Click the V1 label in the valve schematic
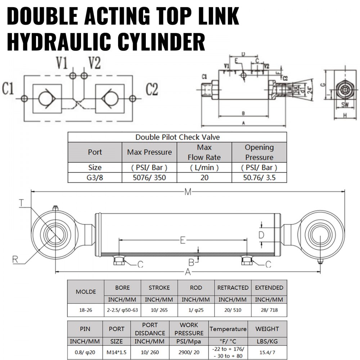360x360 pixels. coord(62,64)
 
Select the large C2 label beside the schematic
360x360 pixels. coord(152,89)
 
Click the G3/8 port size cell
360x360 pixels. coord(95,177)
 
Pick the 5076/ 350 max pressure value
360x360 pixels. coord(149,177)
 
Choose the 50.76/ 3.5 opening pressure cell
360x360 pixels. coord(259,177)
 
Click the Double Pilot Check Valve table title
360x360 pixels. coord(177,137)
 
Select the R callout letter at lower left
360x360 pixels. coord(14,258)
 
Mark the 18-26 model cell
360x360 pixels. coord(86,310)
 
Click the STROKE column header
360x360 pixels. coord(159,288)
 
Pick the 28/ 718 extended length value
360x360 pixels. coord(269,310)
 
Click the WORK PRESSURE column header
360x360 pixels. coord(189,329)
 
